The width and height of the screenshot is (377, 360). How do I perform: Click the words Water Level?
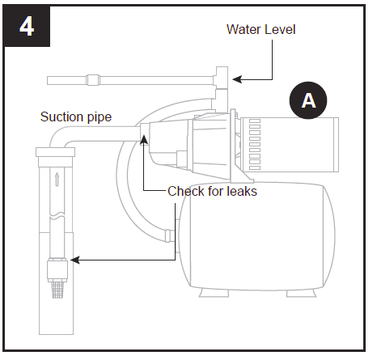[x=261, y=29]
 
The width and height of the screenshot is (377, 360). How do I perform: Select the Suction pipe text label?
[x=76, y=117]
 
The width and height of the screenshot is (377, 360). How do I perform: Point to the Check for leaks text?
[x=212, y=192]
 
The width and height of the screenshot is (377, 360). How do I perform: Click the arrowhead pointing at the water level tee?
[x=235, y=79]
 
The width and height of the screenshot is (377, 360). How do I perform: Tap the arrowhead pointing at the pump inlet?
[x=145, y=139]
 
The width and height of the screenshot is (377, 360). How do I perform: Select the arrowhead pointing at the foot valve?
[x=74, y=260]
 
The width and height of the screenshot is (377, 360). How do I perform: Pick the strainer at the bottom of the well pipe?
[x=56, y=286]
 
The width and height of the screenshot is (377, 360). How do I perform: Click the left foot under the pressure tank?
[x=201, y=289]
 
